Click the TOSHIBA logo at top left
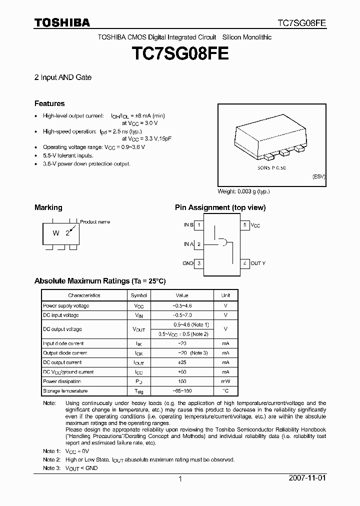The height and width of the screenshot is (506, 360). (x=62, y=22)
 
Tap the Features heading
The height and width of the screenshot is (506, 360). (x=49, y=103)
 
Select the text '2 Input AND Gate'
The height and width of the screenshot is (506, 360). (x=62, y=78)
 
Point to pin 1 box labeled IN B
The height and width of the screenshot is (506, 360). (x=198, y=225)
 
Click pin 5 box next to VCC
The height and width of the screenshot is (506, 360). (x=244, y=225)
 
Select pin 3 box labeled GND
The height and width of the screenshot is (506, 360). (x=198, y=263)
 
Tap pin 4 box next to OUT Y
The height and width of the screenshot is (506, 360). (x=244, y=263)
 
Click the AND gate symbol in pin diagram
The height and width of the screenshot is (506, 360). (x=222, y=243)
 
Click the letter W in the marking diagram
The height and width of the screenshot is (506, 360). (x=56, y=233)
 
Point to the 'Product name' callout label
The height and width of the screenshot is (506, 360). (x=95, y=221)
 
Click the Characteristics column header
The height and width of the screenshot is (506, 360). (x=84, y=295)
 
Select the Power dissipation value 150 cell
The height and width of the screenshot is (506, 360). (x=183, y=381)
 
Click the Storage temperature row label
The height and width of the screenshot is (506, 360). (x=65, y=391)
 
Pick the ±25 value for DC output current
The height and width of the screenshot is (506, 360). (x=183, y=362)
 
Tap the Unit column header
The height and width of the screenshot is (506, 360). (x=226, y=295)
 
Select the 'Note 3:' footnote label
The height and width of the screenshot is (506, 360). (x=52, y=468)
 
